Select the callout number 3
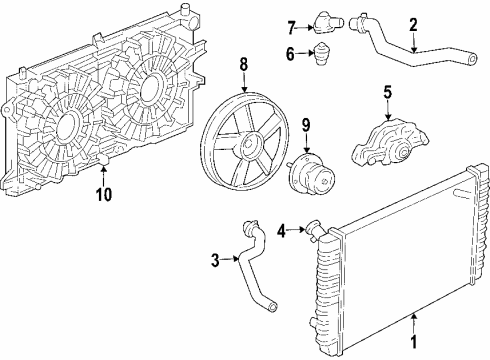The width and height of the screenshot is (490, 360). pos(215,262)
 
